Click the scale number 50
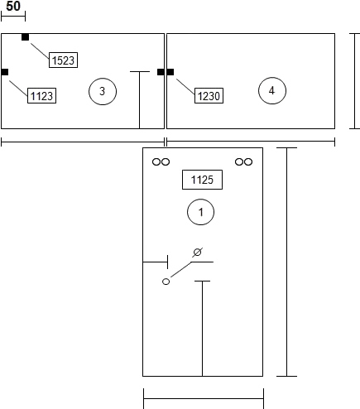tap(13, 6)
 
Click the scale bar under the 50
tap(13, 17)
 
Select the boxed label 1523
tap(63, 60)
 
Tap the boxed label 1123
tap(41, 96)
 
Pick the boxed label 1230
tap(209, 96)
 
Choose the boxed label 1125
tap(202, 180)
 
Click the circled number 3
tap(103, 91)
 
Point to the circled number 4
tap(272, 90)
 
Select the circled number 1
tap(200, 212)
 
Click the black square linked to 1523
tap(25, 37)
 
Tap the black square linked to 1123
tap(5, 72)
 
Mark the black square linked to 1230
tap(170, 72)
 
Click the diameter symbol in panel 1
tap(197, 253)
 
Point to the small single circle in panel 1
tap(166, 281)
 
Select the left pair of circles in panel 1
tap(161, 161)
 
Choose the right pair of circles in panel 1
tap(243, 161)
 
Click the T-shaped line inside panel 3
tap(140, 100)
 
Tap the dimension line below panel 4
tap(251, 142)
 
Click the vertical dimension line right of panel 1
tap(287, 262)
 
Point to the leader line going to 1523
tap(40, 51)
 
